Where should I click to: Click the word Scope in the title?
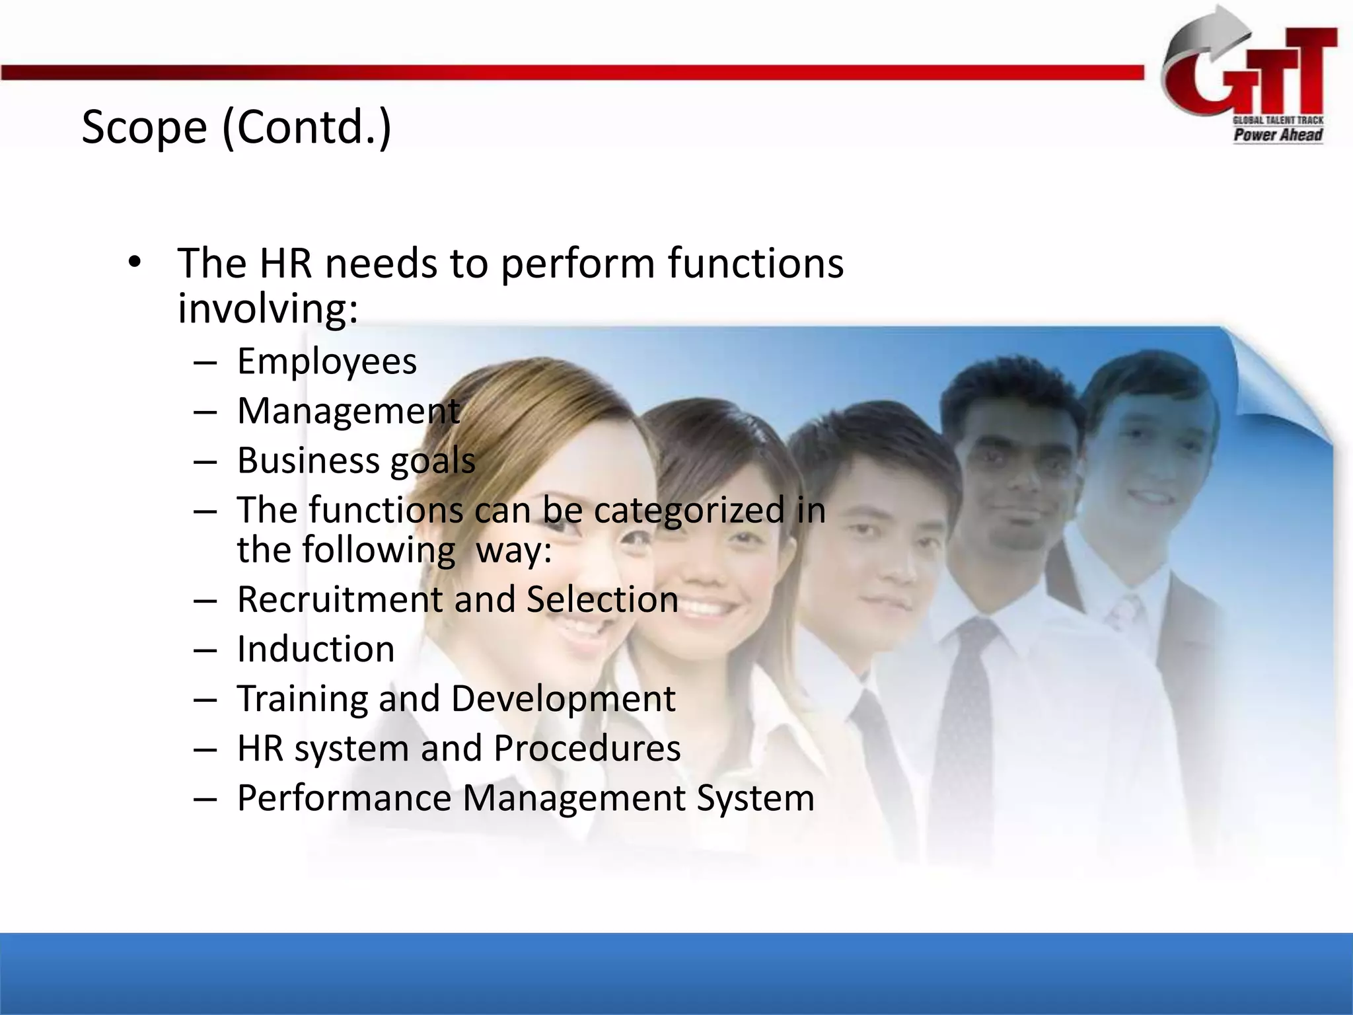click(x=144, y=128)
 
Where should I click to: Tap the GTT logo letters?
click(x=1255, y=76)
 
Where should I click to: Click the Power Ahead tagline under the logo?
click(x=1278, y=135)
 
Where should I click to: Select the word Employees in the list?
click(x=327, y=361)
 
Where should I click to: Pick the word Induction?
click(x=316, y=649)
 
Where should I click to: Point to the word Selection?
click(x=603, y=599)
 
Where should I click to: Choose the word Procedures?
click(x=587, y=748)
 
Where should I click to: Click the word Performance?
click(x=344, y=798)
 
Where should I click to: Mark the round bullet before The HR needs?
click(x=135, y=263)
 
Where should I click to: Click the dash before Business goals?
click(x=205, y=461)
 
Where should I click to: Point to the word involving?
click(x=268, y=308)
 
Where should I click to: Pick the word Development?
click(x=563, y=699)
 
